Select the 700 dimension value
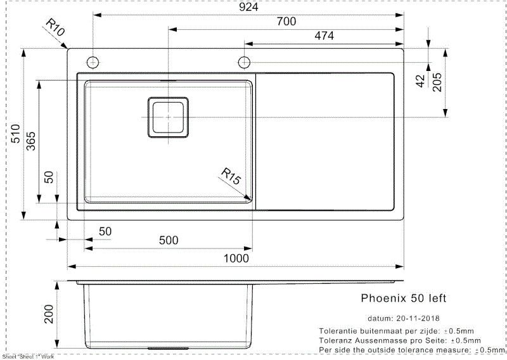pos(286,22)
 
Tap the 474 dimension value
pos(324,36)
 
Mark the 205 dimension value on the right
pos(437,82)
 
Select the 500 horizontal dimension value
pos(169,240)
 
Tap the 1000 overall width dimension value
pos(236,259)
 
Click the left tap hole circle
pos(93,61)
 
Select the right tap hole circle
pos(245,61)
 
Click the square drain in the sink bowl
pos(169,117)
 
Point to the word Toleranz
pos(336,340)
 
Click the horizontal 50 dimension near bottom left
pos(105,232)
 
